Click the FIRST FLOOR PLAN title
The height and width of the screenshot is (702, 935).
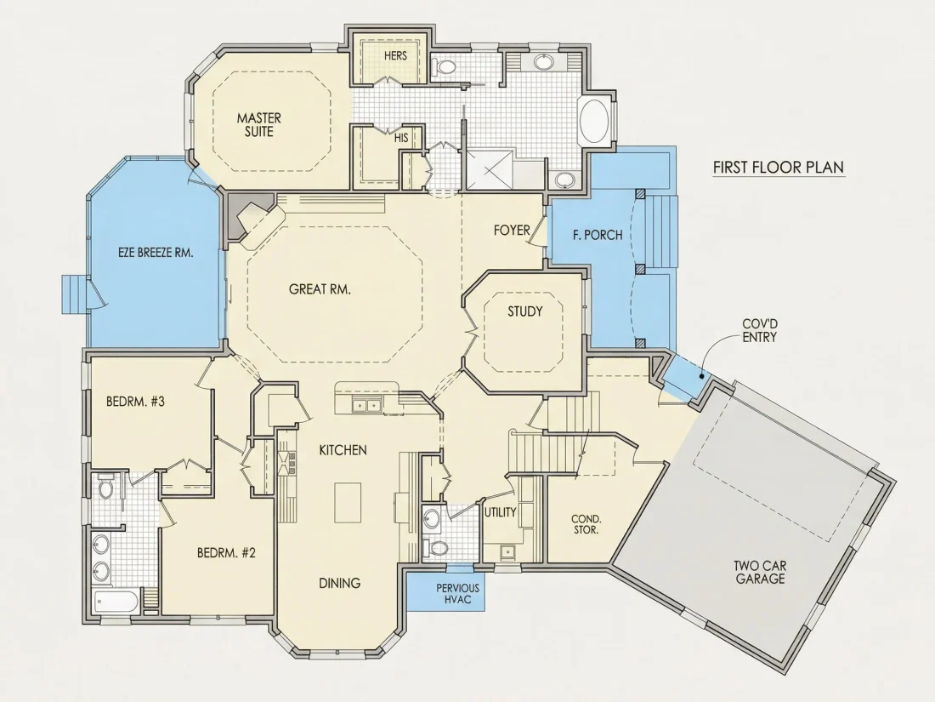(x=779, y=167)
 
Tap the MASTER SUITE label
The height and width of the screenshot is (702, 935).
(x=258, y=125)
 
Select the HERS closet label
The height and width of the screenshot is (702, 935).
(x=395, y=55)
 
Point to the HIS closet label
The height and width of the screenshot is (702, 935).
(x=401, y=138)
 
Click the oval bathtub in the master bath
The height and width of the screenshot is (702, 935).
(x=594, y=121)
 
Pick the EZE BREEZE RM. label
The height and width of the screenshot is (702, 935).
(x=155, y=253)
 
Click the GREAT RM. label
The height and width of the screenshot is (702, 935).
(x=320, y=289)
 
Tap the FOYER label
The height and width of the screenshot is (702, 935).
(x=512, y=230)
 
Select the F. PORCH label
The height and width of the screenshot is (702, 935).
(x=598, y=235)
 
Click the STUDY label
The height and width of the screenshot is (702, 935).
(x=524, y=311)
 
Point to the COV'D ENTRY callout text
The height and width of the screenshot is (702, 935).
(x=759, y=331)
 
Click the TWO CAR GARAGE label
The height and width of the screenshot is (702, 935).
(x=760, y=572)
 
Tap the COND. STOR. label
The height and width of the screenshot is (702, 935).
(x=586, y=524)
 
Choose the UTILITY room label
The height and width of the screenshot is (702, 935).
(x=500, y=512)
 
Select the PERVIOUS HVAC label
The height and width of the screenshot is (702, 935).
(x=457, y=593)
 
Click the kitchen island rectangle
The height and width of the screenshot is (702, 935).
(x=348, y=503)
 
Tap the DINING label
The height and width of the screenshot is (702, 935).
(x=339, y=583)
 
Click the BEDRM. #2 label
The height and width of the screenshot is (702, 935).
(x=226, y=553)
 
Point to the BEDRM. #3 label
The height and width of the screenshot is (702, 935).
(x=135, y=402)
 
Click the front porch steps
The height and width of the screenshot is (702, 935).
(x=662, y=231)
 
